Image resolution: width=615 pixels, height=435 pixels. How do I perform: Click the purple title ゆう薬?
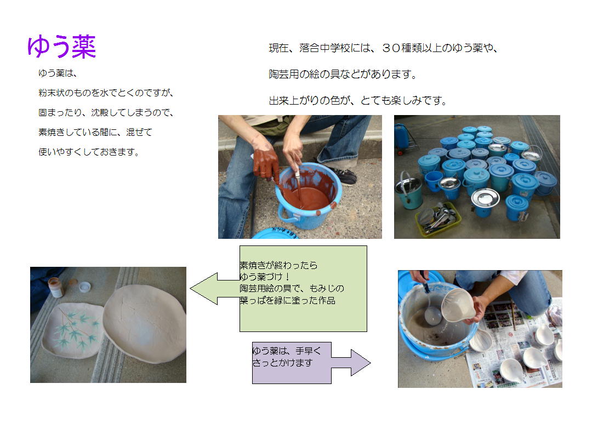click(x=61, y=47)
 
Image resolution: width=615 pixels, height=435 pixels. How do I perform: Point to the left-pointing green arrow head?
click(x=203, y=288)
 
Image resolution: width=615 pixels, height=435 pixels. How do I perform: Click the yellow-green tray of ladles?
click(x=438, y=220)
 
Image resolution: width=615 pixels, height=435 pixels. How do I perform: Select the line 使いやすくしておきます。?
click(x=89, y=152)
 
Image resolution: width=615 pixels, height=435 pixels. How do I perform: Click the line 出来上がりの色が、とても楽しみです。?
click(x=358, y=101)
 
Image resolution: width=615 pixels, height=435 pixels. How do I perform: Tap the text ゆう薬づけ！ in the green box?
click(x=265, y=277)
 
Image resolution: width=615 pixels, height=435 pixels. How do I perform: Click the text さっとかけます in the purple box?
click(x=282, y=363)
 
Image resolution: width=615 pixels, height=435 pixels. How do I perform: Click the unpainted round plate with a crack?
click(x=145, y=323)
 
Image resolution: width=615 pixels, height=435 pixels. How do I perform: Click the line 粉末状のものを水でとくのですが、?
click(x=106, y=93)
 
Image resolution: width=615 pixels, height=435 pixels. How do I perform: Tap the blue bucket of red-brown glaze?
click(x=309, y=195)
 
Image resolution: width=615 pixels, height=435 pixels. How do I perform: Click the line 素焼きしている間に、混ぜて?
click(x=95, y=133)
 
